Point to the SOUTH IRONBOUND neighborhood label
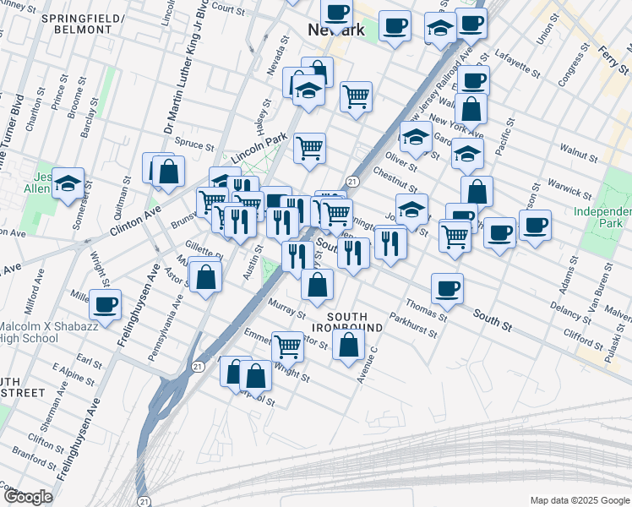tap(347, 321)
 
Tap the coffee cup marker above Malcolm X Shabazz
tap(106, 304)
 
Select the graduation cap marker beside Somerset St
tap(68, 183)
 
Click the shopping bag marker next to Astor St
tap(205, 276)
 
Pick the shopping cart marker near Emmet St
tap(287, 345)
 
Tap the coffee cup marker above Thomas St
tap(447, 288)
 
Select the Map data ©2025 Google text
tap(579, 500)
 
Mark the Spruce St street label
tap(195, 145)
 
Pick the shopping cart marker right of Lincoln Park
tap(309, 148)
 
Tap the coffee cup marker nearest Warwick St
tap(535, 225)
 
